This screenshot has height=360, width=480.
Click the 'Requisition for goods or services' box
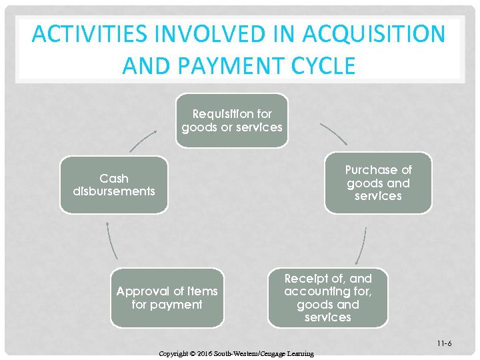tap(232, 121)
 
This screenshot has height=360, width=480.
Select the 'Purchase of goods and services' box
tap(378, 183)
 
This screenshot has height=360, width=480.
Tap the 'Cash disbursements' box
tap(114, 185)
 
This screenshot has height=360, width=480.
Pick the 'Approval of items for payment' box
tap(167, 298)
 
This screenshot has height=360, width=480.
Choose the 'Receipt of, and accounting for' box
tap(327, 298)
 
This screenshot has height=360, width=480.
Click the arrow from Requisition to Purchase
tap(333, 133)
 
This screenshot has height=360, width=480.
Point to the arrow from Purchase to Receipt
tap(361, 245)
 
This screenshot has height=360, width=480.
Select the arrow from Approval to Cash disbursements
tap(112, 241)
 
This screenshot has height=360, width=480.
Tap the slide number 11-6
tap(445, 343)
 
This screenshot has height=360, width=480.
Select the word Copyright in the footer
tap(175, 353)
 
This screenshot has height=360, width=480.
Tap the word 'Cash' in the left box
tap(114, 178)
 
